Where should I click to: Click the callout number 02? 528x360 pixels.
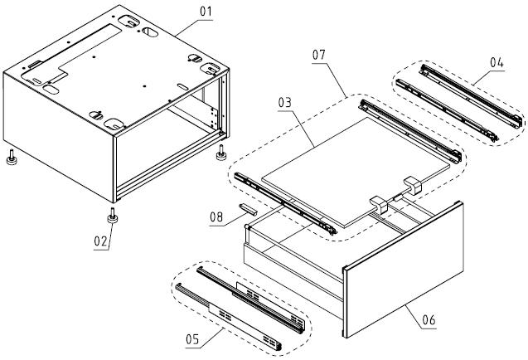tap(101, 242)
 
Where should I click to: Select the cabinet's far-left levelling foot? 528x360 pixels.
tap(12, 158)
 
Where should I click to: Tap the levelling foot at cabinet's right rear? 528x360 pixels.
tap(222, 153)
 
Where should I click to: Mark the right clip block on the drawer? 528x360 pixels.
tap(412, 187)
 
